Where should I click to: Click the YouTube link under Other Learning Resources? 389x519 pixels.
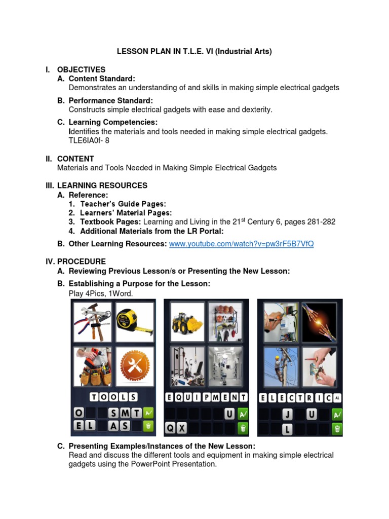[x=241, y=244]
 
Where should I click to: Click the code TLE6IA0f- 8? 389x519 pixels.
[x=89, y=140]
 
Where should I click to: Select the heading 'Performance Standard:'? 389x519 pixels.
[x=110, y=101]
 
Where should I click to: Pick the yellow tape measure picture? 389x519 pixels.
[x=135, y=322]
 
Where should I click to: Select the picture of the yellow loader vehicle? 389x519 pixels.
[x=187, y=322]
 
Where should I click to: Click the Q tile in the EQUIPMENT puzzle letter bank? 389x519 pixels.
[x=171, y=428]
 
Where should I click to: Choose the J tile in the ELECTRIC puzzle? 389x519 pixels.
[x=288, y=415]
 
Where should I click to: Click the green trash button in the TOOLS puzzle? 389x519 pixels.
[x=148, y=426]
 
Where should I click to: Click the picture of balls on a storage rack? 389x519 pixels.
[x=225, y=322]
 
